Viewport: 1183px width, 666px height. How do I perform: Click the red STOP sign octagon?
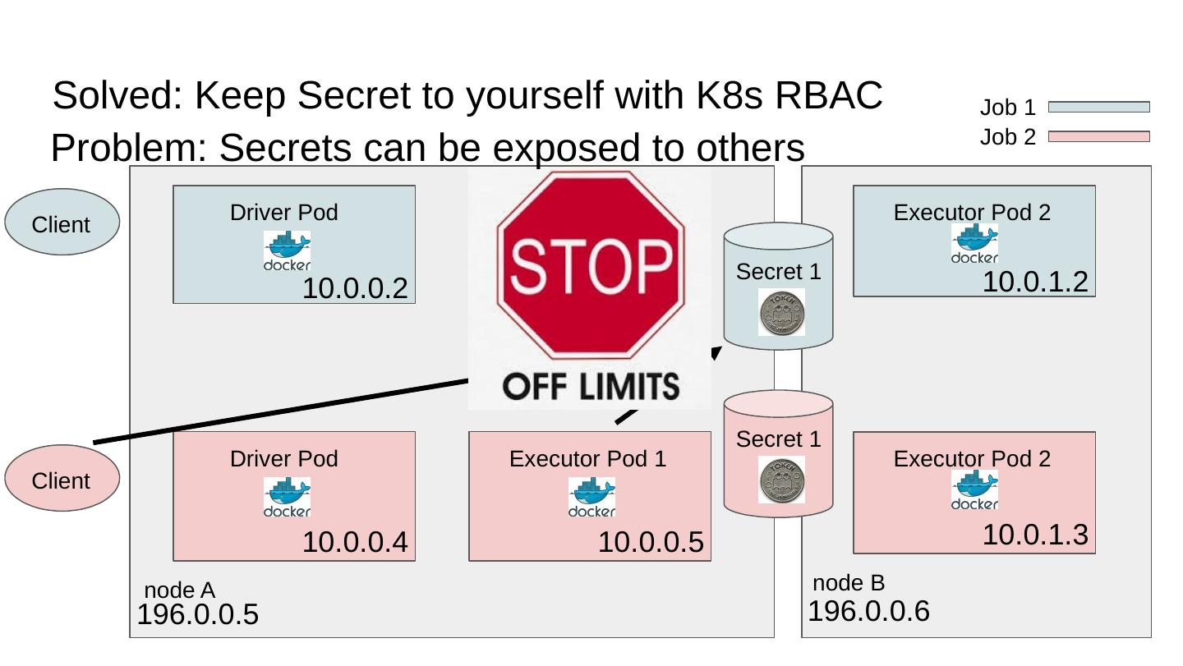(590, 264)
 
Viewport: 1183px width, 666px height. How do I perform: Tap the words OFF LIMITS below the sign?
(590, 385)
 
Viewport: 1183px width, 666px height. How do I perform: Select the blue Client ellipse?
(62, 223)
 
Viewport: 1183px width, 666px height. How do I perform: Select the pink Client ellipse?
(62, 479)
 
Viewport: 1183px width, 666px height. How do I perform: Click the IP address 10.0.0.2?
(355, 289)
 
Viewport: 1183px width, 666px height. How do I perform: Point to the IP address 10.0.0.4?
(355, 543)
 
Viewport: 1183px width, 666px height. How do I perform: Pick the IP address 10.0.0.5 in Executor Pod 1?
(651, 543)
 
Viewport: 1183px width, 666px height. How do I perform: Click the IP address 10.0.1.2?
(1035, 282)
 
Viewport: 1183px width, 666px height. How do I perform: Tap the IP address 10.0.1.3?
(1035, 535)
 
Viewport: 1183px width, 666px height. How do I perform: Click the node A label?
(179, 590)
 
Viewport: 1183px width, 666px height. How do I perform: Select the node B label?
(849, 583)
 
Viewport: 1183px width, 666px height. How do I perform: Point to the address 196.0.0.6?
(868, 612)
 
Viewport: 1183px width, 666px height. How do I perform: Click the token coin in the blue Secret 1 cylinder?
(781, 312)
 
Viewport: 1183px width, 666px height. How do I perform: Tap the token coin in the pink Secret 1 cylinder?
(781, 480)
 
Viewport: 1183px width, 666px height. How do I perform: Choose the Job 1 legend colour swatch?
(1098, 107)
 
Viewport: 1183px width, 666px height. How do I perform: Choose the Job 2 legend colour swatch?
(1098, 136)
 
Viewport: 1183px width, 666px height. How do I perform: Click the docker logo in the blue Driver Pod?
(287, 250)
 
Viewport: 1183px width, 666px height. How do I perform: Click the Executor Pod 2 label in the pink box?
(972, 458)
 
